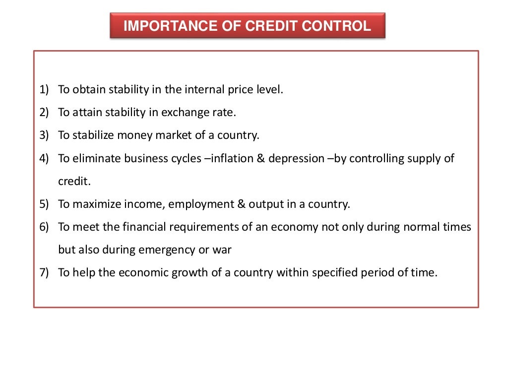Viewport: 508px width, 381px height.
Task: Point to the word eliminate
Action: (x=96, y=158)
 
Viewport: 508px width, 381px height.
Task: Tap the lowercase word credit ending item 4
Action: (x=73, y=181)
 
